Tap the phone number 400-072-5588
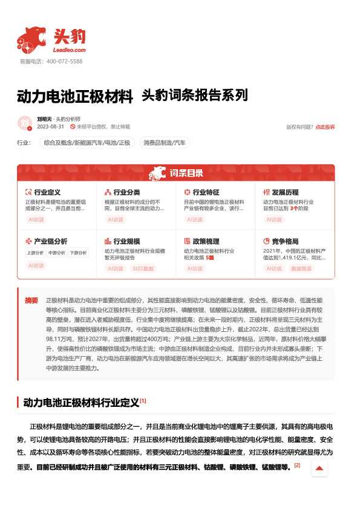click(x=64, y=62)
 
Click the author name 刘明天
click(x=44, y=119)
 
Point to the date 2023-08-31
click(x=50, y=127)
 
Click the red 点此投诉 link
click(x=325, y=127)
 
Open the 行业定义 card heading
click(x=47, y=192)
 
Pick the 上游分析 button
click(x=36, y=253)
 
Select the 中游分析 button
click(x=57, y=253)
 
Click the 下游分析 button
click(x=78, y=253)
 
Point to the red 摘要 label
click(x=31, y=300)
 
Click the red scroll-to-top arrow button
click(x=319, y=468)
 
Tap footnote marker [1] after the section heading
click(x=143, y=400)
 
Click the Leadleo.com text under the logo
click(x=70, y=50)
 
